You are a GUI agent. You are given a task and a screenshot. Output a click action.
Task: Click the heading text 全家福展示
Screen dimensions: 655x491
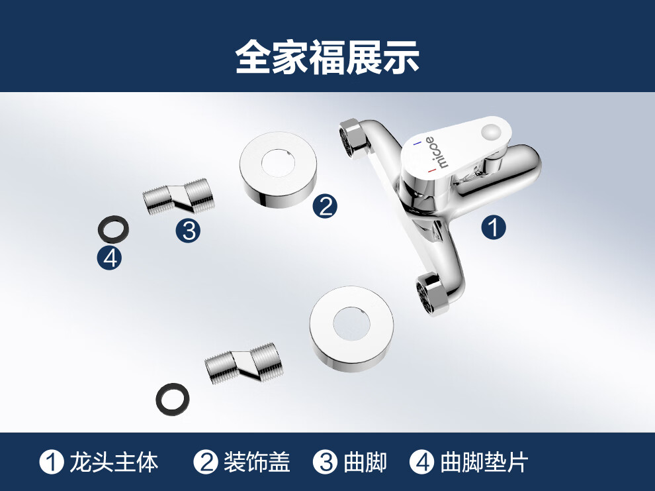[327, 57]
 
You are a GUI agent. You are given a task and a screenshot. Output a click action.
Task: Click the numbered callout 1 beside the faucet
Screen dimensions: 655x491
[494, 227]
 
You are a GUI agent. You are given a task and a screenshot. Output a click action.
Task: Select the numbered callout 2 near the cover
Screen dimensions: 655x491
[326, 206]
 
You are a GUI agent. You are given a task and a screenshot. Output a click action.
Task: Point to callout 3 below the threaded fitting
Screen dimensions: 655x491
[188, 231]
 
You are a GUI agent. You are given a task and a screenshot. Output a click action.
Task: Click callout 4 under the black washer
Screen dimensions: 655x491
[109, 258]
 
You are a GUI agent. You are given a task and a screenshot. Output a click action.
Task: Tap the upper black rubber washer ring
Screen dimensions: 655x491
[113, 229]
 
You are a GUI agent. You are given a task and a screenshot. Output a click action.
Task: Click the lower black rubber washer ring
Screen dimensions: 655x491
[173, 400]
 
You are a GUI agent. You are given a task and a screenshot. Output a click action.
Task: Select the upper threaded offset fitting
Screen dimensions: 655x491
[178, 197]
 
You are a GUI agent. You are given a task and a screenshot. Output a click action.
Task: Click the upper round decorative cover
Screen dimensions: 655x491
[278, 170]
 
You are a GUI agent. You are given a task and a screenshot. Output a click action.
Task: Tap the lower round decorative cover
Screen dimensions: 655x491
[351, 329]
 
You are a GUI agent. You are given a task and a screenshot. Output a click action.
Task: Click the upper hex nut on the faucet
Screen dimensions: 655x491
[354, 138]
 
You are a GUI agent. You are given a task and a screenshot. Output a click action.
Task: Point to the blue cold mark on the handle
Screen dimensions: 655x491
[417, 143]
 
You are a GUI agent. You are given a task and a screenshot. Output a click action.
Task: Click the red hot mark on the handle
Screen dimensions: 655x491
[432, 171]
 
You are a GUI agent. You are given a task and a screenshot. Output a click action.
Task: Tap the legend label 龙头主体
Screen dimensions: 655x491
[114, 463]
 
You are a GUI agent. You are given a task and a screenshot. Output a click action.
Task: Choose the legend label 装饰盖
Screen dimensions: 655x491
[257, 463]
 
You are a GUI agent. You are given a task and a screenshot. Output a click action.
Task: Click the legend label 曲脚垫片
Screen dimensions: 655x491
[484, 463]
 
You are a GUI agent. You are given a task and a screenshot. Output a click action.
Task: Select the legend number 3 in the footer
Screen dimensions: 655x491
[326, 463]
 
